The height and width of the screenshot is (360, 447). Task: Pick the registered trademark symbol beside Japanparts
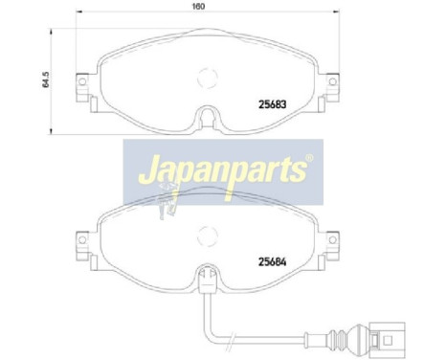pos(308,159)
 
